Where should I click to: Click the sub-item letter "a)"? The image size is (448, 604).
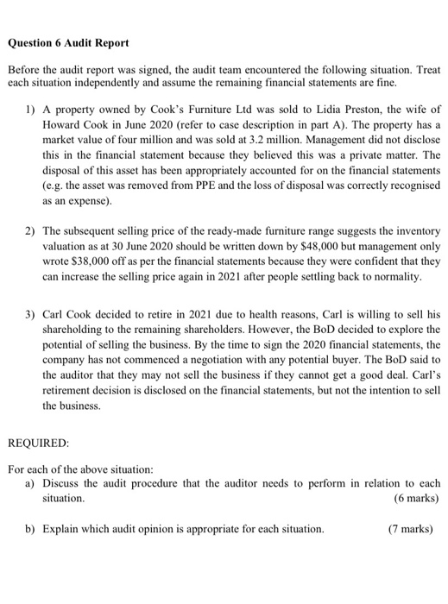coord(31,482)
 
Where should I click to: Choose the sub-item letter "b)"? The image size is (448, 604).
coord(31,529)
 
